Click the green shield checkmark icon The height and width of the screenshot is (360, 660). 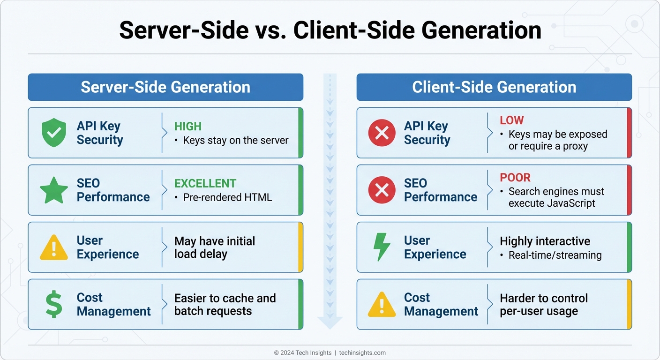(54, 133)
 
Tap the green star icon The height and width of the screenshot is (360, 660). (54, 190)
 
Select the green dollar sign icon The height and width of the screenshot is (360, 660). (54, 304)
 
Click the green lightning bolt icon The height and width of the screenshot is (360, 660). (381, 247)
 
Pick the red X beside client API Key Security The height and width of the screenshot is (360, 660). (382, 133)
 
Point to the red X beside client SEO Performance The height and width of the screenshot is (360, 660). (382, 190)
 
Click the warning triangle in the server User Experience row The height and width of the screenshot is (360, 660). (54, 248)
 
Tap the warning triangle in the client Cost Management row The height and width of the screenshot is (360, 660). (382, 305)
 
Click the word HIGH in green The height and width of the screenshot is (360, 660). (188, 126)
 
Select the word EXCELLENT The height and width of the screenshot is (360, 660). (205, 183)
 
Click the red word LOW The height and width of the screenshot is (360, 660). (512, 120)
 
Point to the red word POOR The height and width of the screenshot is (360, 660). (515, 178)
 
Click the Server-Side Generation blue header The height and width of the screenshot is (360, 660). (165, 87)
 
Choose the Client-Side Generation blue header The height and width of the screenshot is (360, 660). (494, 87)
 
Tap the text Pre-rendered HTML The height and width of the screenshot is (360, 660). (227, 197)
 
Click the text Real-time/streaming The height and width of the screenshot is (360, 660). (555, 255)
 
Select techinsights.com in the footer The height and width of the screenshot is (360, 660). (362, 352)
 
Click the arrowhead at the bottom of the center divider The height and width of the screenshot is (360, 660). (330, 322)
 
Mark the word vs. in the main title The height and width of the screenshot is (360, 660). (271, 30)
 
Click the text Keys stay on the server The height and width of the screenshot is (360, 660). (236, 140)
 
